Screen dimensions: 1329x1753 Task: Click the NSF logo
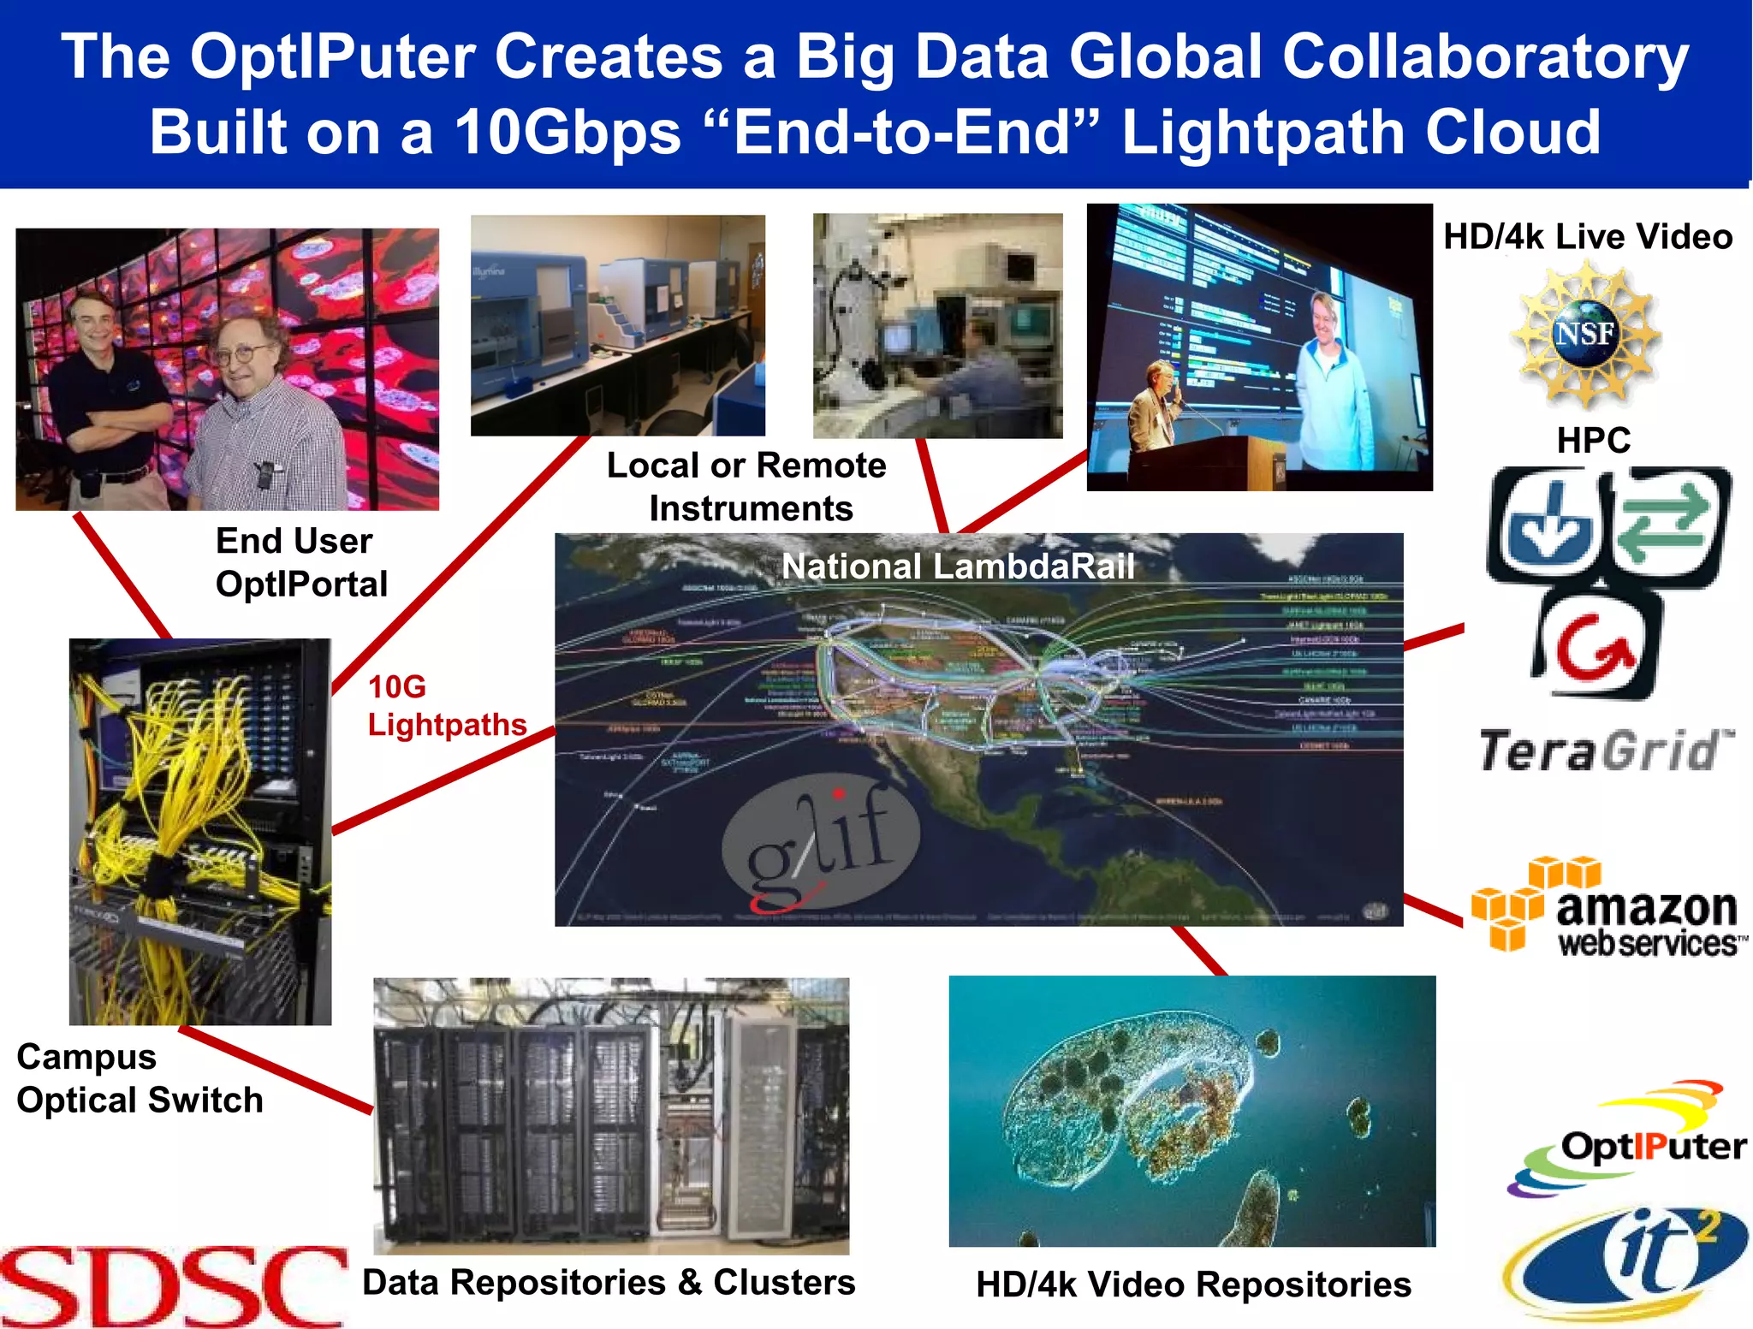tap(1585, 335)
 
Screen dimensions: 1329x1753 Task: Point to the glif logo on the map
tap(820, 843)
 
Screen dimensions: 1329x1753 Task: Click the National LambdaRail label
tap(958, 567)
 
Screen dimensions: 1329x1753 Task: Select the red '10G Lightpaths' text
tap(446, 706)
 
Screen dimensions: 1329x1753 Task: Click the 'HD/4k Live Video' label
tap(1587, 237)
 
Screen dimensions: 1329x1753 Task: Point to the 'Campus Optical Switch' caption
tap(140, 1078)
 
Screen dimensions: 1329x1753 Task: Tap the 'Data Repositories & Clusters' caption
tap(609, 1282)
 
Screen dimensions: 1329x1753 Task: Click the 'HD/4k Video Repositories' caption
tap(1193, 1285)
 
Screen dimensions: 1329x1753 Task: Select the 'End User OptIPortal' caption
tap(301, 562)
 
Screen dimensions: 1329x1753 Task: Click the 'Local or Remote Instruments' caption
tap(747, 486)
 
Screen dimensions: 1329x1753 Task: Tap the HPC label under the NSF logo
tap(1593, 441)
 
